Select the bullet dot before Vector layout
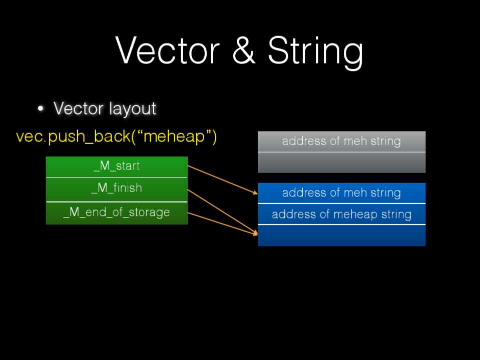point(41,108)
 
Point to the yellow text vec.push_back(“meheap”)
point(116,136)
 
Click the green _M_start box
point(117,166)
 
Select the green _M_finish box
point(117,189)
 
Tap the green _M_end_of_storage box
point(117,213)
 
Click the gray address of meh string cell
point(341,141)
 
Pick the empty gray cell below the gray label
point(341,162)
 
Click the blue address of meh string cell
point(341,193)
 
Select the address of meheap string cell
point(341,214)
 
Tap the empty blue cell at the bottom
point(341,235)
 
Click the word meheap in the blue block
point(355,214)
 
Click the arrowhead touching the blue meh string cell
point(255,192)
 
